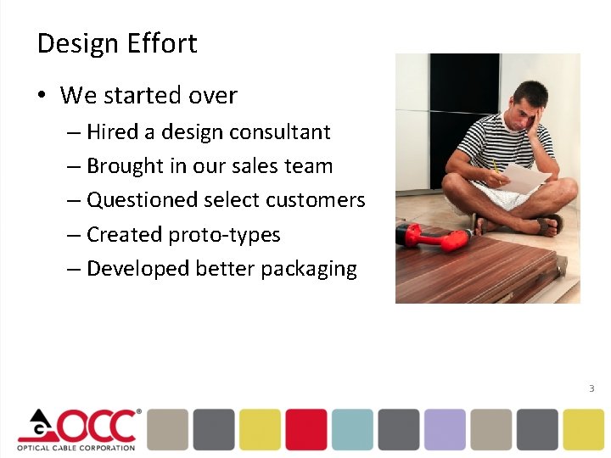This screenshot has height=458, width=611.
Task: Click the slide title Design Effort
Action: [x=117, y=43]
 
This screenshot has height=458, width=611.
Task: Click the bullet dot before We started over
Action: [x=42, y=96]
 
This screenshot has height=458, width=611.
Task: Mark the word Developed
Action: [x=138, y=269]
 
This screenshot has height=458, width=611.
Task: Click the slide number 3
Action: [x=591, y=388]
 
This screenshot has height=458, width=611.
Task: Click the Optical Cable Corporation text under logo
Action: [x=77, y=448]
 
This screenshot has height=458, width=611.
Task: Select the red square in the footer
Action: [x=305, y=429]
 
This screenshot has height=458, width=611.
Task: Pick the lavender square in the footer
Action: [x=445, y=429]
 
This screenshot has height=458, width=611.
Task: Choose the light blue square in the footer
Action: [x=352, y=429]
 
